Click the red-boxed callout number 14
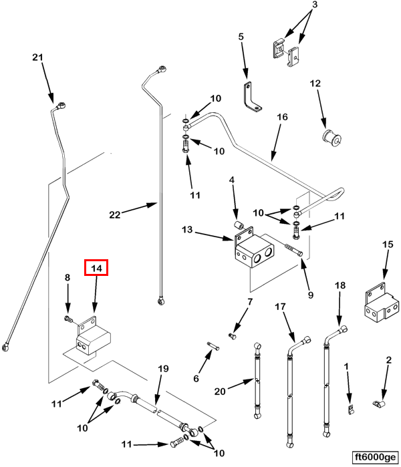96,268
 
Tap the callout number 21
37,58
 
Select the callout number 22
114,214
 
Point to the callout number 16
282,117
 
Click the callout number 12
315,84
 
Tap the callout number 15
388,245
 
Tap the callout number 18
340,285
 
